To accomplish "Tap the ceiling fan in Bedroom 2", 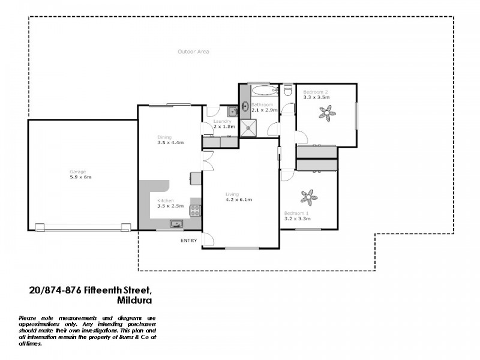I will (x=328, y=112).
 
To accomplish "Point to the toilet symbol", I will (x=288, y=91).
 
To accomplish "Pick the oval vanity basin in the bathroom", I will (x=245, y=107).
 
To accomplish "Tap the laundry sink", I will (x=232, y=111).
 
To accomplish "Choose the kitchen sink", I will (x=176, y=224).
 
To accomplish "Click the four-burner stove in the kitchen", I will (x=195, y=210).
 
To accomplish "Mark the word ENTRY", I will (x=188, y=241).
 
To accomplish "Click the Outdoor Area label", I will (x=193, y=52).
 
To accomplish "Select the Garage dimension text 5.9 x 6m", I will (x=80, y=177).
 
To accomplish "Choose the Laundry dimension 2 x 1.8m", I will (x=224, y=127).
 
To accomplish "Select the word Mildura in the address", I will (x=135, y=300).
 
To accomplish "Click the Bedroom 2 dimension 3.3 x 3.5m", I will (x=316, y=97).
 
